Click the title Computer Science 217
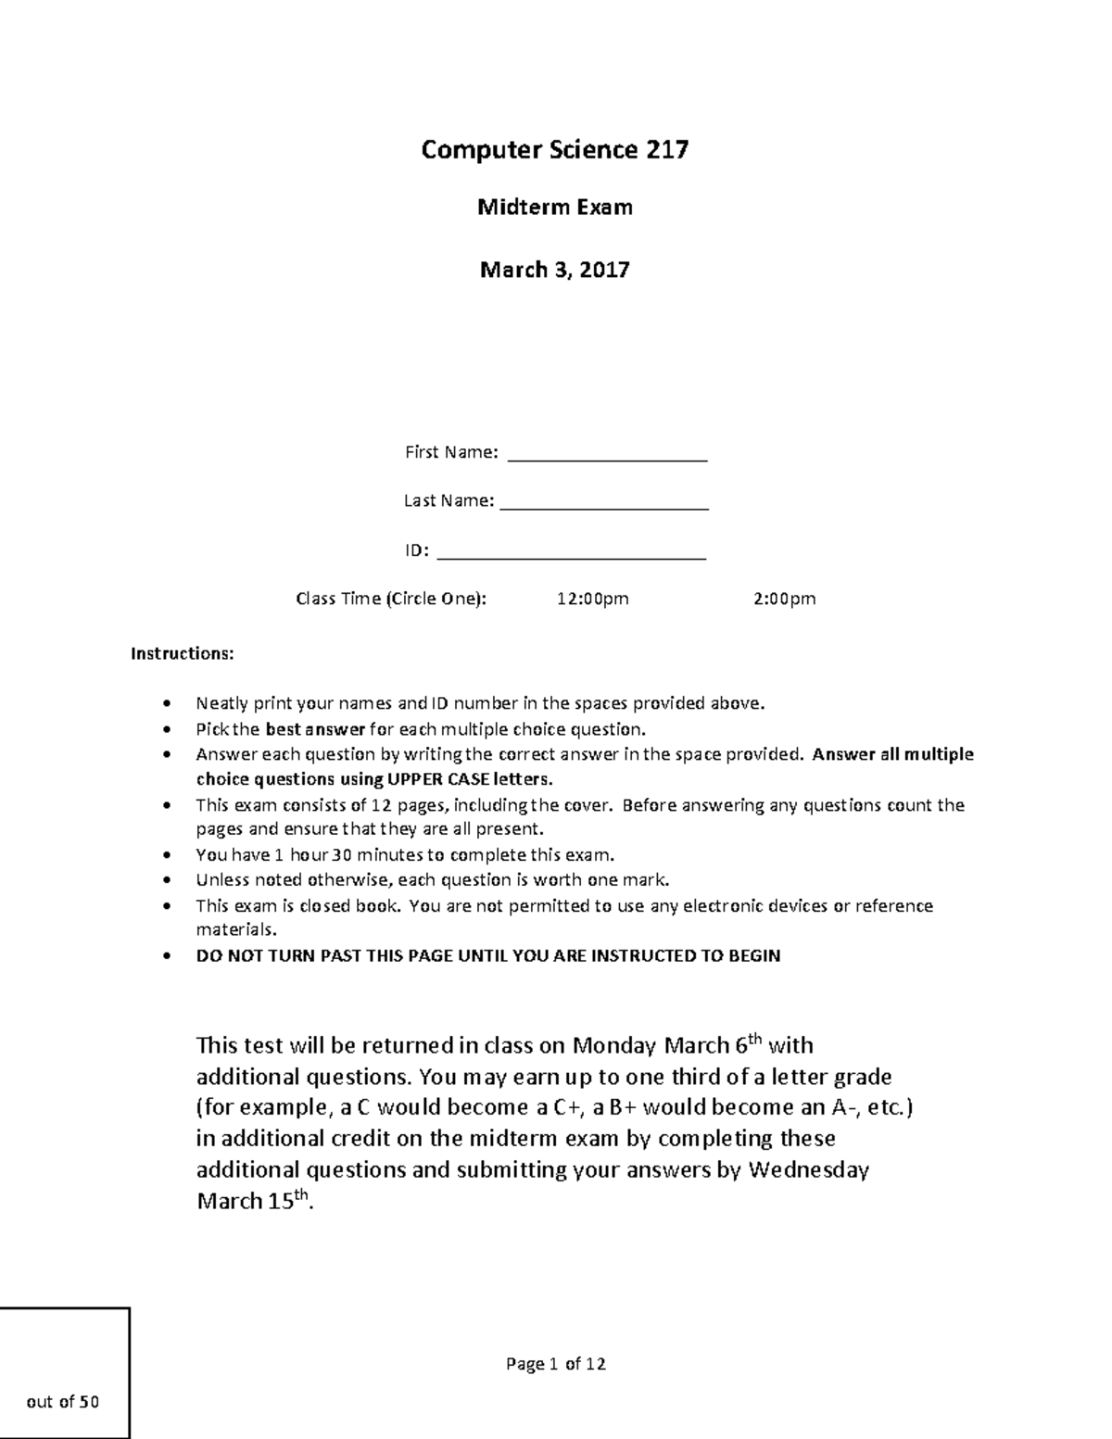click(x=554, y=150)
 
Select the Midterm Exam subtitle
click(x=554, y=208)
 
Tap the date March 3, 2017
click(x=554, y=270)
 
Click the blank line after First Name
click(x=608, y=457)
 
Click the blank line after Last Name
click(x=604, y=506)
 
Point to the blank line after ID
click(x=571, y=556)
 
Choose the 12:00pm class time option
click(x=592, y=599)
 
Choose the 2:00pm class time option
click(x=784, y=599)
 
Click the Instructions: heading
click(x=183, y=654)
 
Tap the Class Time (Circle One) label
click(x=390, y=599)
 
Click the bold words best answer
click(x=315, y=729)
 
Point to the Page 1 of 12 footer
click(x=555, y=1364)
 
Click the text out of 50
click(x=63, y=1402)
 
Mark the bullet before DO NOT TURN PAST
click(x=167, y=956)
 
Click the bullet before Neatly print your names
click(x=167, y=704)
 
